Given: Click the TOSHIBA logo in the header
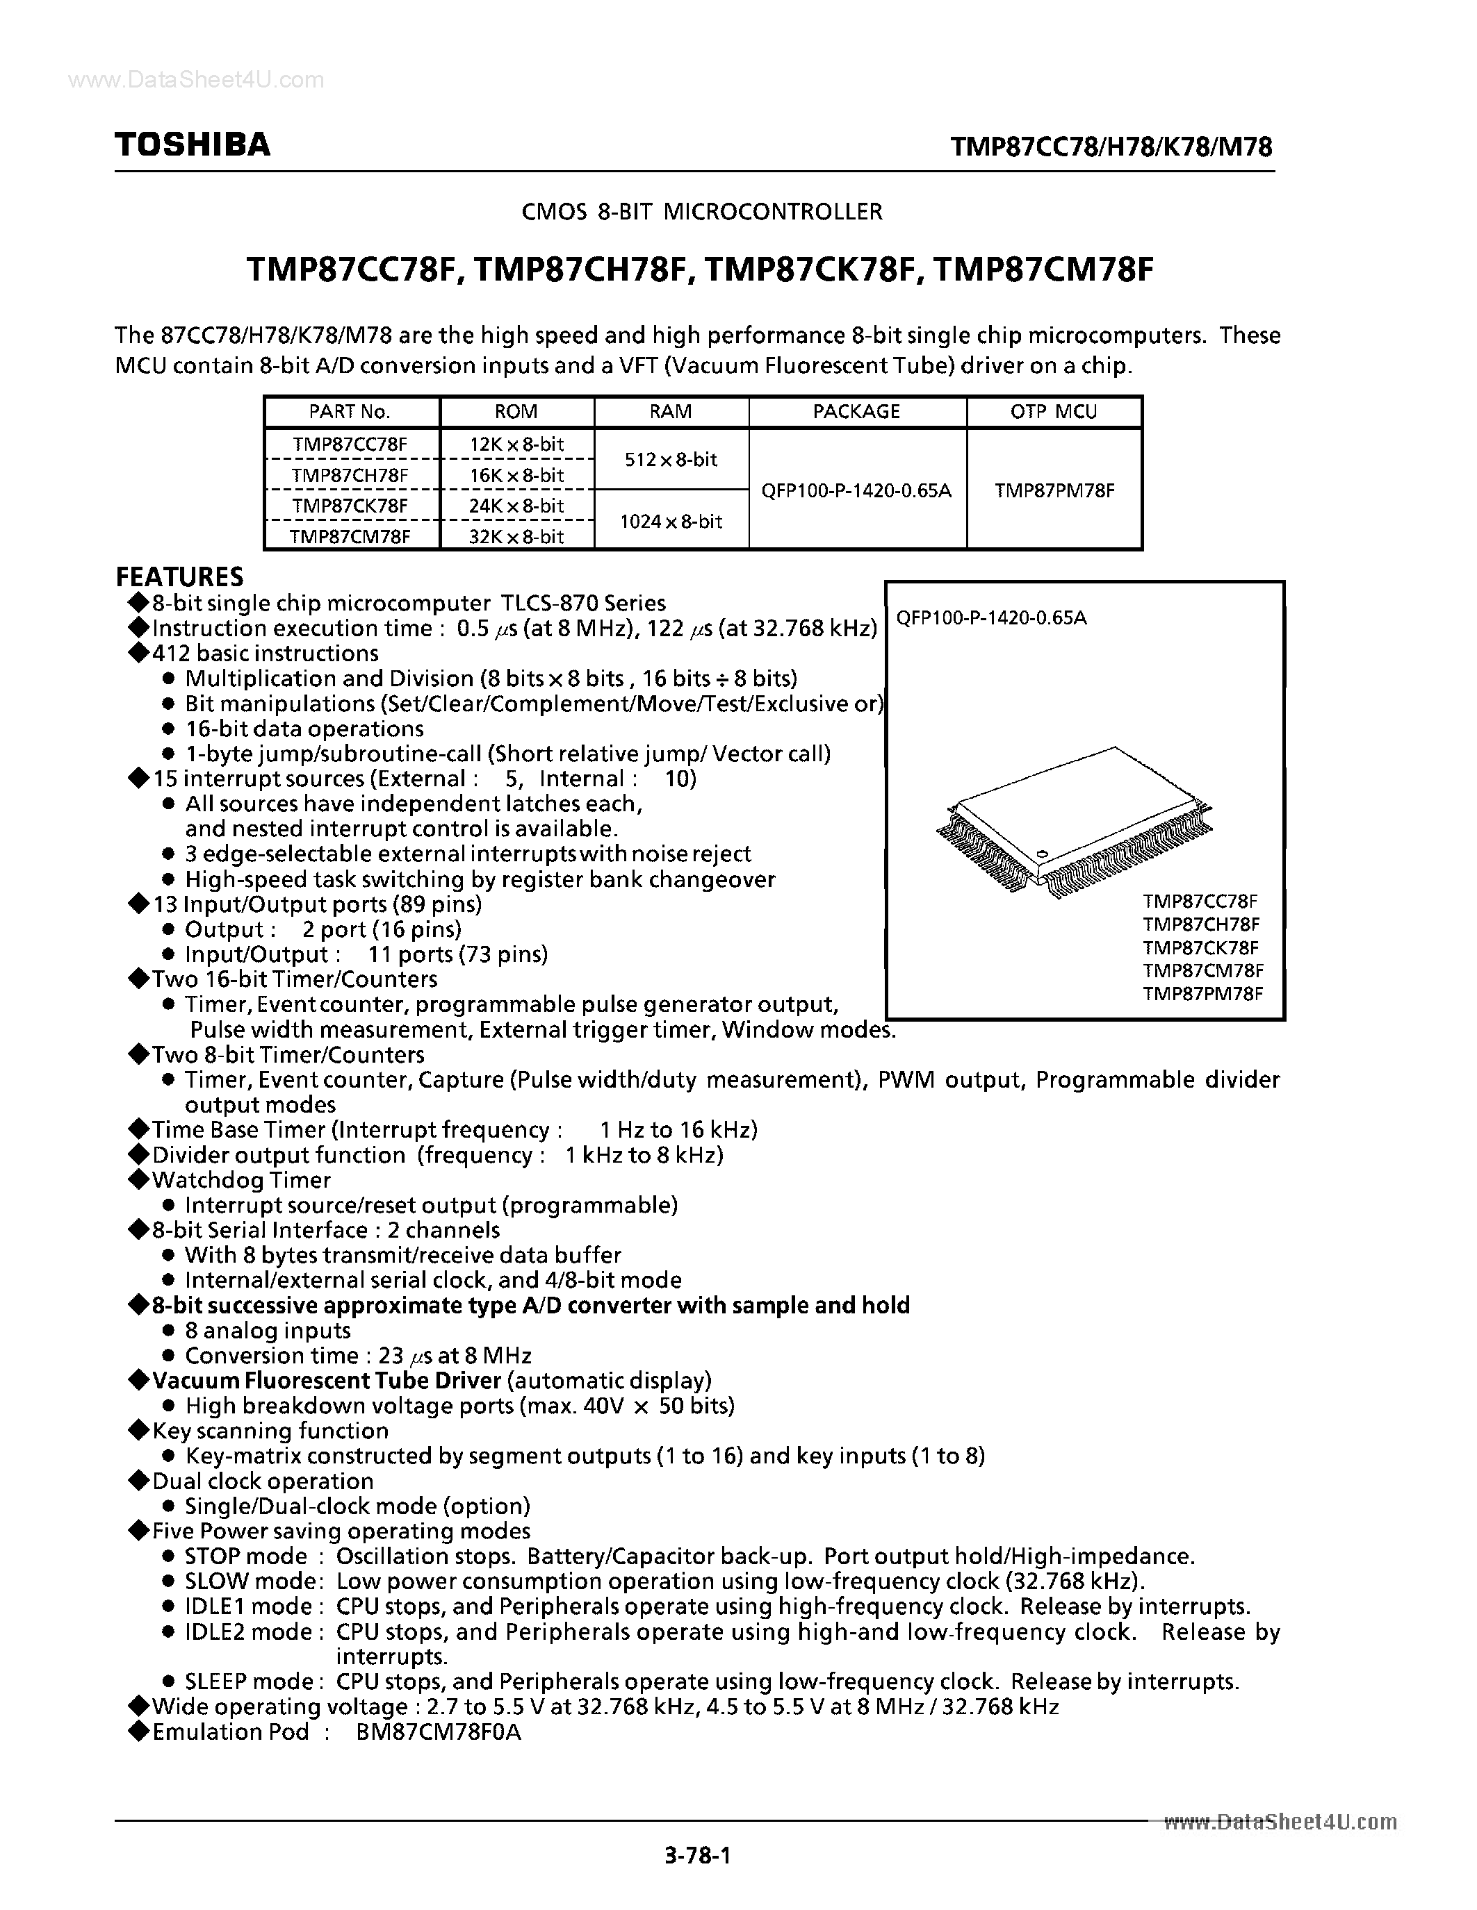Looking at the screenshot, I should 193,144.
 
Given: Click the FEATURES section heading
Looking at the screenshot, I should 179,577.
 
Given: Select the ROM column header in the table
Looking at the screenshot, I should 516,412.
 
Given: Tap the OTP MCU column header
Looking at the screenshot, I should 1054,412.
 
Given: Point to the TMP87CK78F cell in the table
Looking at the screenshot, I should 350,506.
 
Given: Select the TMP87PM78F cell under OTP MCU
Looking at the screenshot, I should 1054,490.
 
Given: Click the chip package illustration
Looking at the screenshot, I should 1075,822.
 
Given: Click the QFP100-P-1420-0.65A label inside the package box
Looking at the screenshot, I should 991,618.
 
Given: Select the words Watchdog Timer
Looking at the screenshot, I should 241,1180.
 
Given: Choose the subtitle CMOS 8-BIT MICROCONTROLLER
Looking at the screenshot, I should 702,212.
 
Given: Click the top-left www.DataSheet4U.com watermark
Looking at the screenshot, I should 196,81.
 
